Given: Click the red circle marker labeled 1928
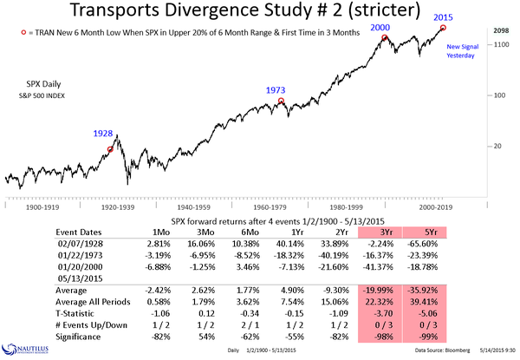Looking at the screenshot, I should point(110,149).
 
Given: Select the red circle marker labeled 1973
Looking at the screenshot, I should point(281,101).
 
